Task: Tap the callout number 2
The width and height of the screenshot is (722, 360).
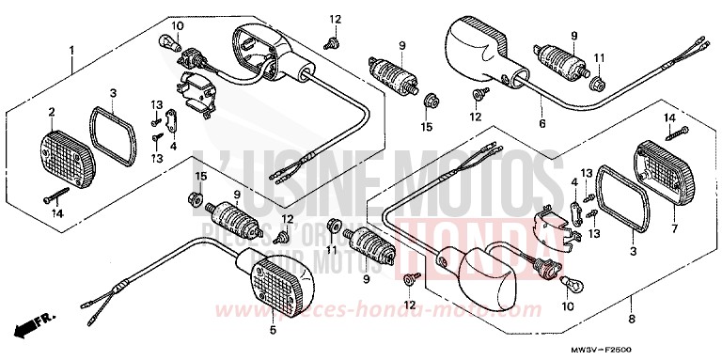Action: (52, 112)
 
